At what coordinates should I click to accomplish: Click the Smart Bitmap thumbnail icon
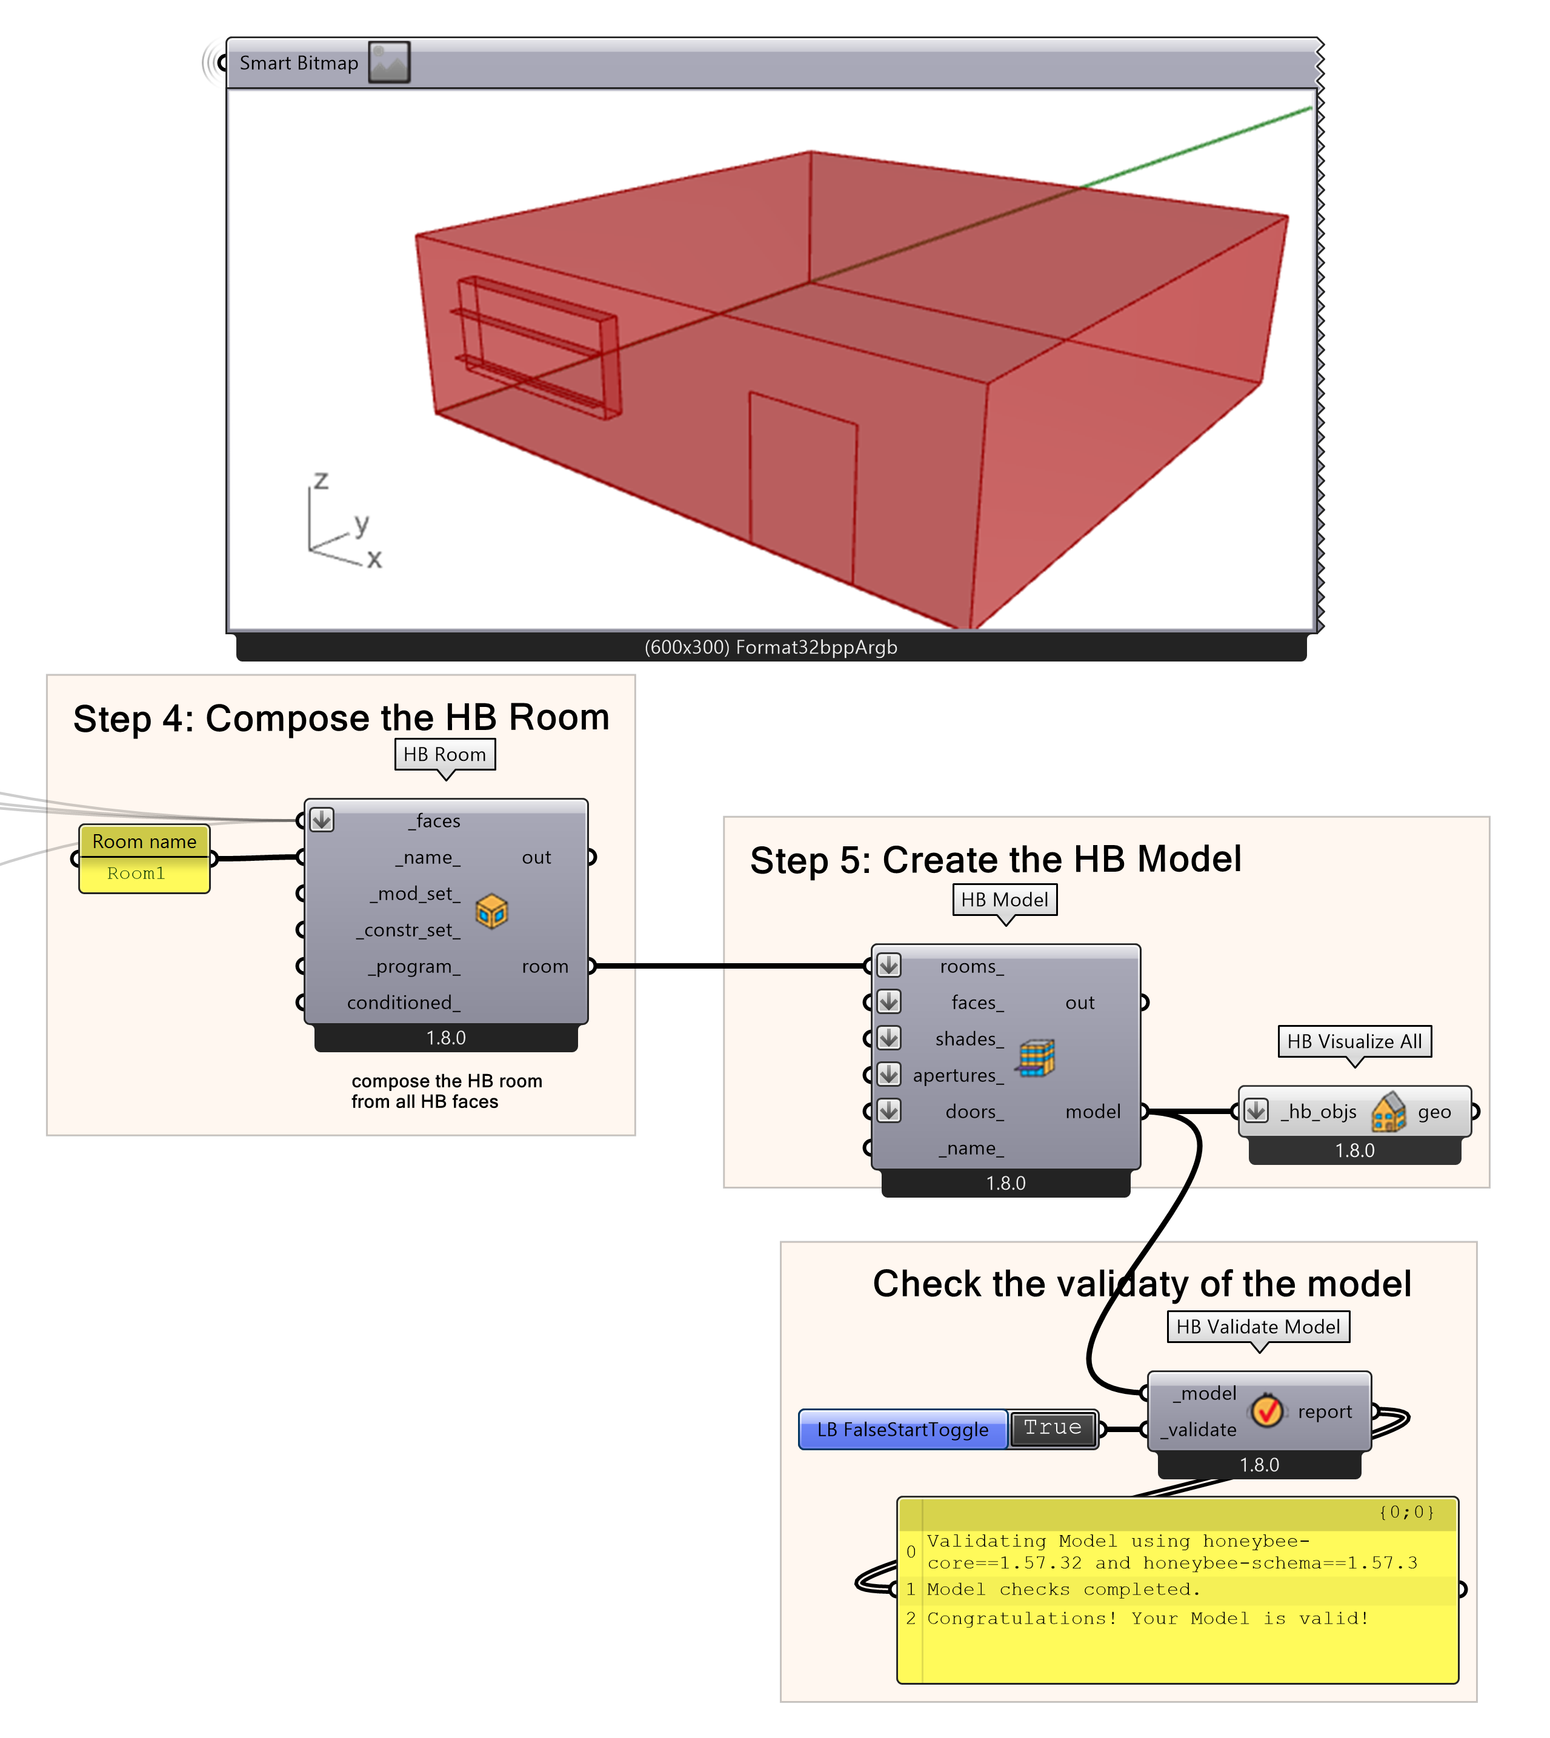point(389,62)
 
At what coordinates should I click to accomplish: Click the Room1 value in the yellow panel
point(136,874)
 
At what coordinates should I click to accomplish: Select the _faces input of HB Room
point(437,821)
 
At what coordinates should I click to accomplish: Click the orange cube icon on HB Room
point(491,912)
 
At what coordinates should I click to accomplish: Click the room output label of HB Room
point(544,966)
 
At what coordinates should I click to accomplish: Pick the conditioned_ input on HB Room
point(403,1003)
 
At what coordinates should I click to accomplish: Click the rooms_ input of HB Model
point(971,966)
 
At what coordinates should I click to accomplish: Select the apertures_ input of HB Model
point(957,1075)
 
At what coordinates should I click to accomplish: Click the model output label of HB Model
point(1093,1112)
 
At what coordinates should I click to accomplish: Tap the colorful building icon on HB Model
point(1036,1058)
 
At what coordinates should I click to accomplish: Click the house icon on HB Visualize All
point(1388,1112)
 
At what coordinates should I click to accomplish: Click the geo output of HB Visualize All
point(1434,1112)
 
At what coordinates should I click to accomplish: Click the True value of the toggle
point(1053,1428)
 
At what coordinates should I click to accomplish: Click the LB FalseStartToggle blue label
point(903,1430)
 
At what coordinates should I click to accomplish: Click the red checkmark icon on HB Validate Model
point(1267,1411)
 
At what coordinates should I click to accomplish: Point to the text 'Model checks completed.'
point(1063,1590)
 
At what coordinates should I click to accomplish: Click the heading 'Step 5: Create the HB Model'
point(995,860)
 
